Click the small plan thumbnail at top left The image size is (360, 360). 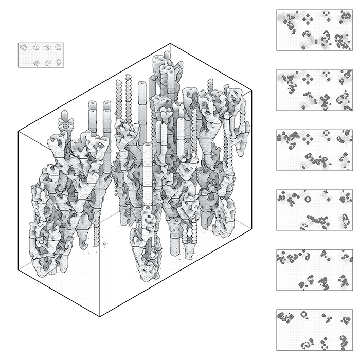click(x=40, y=55)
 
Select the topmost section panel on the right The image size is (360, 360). click(x=314, y=30)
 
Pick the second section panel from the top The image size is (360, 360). click(x=314, y=90)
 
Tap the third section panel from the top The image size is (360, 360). click(x=314, y=150)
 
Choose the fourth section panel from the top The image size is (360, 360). click(x=314, y=210)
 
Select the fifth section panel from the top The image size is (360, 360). click(x=314, y=270)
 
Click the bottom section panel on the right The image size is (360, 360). click(x=314, y=330)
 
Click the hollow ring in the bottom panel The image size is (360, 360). click(x=303, y=313)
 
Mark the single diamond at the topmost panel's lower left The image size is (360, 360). click(x=303, y=47)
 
